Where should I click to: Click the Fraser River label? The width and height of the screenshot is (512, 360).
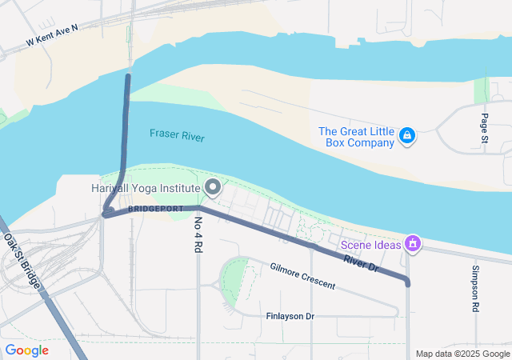[x=177, y=135]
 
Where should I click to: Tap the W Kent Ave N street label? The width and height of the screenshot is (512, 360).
[x=53, y=34]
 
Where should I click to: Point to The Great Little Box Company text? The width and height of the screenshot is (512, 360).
[x=356, y=137]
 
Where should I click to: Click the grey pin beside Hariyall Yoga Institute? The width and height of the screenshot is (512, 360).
[x=213, y=188]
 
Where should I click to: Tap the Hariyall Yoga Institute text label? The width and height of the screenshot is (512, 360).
[x=144, y=188]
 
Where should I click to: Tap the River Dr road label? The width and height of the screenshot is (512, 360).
[x=360, y=263]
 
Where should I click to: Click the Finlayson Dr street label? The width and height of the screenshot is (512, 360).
[x=290, y=317]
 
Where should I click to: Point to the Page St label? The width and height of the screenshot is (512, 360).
[x=485, y=130]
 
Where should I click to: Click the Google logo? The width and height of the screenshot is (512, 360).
[x=26, y=350]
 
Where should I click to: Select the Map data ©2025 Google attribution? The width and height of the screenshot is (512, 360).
[x=462, y=354]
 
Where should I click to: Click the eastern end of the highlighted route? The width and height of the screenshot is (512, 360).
[x=407, y=282]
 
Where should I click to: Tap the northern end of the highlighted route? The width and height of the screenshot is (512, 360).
[x=127, y=77]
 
